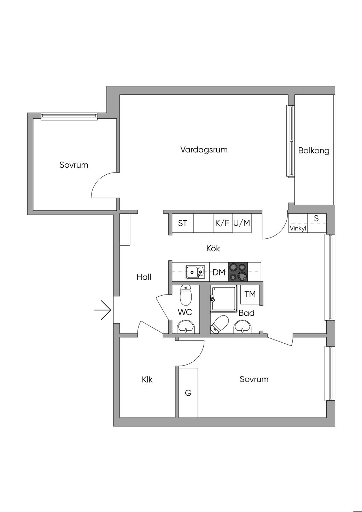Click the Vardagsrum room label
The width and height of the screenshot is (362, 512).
(x=204, y=150)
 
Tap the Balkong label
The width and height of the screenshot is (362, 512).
(x=314, y=151)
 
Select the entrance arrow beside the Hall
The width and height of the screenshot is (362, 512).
(x=103, y=310)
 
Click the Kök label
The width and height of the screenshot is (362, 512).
(x=213, y=249)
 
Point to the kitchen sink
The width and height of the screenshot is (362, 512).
(x=195, y=272)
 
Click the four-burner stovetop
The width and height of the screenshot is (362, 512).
(x=238, y=272)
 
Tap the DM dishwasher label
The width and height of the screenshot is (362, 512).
(x=219, y=272)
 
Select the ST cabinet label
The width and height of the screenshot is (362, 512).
(x=182, y=223)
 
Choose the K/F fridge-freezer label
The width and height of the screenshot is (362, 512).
(x=222, y=223)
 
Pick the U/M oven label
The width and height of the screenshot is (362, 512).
(x=242, y=223)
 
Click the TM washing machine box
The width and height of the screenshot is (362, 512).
(x=250, y=294)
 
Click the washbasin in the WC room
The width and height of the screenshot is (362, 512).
(x=186, y=326)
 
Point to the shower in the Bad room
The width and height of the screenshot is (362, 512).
(x=223, y=299)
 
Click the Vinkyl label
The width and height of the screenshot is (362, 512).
(x=298, y=228)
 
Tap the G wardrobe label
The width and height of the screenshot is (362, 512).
(x=188, y=393)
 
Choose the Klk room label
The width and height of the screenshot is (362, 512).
(x=147, y=380)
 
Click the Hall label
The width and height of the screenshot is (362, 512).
(x=144, y=277)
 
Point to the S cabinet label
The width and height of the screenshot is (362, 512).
(x=316, y=219)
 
